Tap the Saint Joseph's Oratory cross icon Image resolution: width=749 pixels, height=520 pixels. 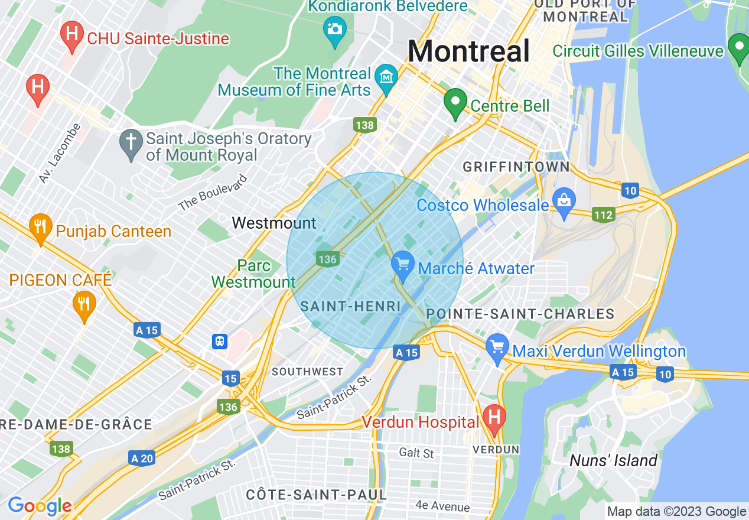click(x=130, y=144)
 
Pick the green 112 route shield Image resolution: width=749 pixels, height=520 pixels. click(x=604, y=215)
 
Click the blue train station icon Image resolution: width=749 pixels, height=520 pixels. click(x=220, y=342)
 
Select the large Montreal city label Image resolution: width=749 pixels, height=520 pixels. click(x=468, y=51)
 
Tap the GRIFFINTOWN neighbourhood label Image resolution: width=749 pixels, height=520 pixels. click(x=516, y=167)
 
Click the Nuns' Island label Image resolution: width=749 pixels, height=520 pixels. click(x=613, y=460)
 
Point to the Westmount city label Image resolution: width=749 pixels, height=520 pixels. click(x=274, y=223)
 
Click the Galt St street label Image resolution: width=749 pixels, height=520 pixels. click(x=416, y=453)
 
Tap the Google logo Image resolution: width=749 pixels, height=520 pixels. click(x=40, y=506)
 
